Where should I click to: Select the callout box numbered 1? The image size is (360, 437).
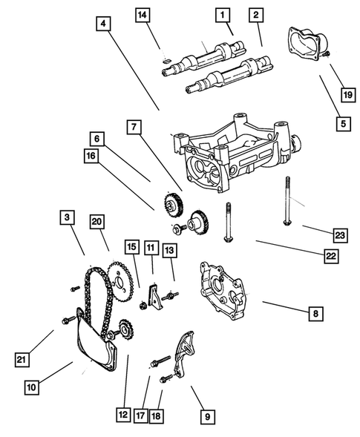(x=221, y=14)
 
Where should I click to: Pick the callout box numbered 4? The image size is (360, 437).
(x=103, y=24)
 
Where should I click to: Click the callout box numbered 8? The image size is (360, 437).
(x=316, y=315)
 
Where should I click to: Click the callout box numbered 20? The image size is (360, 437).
(x=96, y=221)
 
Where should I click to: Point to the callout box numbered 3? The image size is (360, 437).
(x=67, y=217)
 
